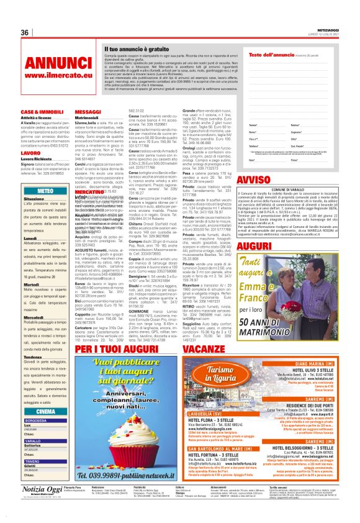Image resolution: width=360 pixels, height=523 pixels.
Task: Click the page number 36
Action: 25,32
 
